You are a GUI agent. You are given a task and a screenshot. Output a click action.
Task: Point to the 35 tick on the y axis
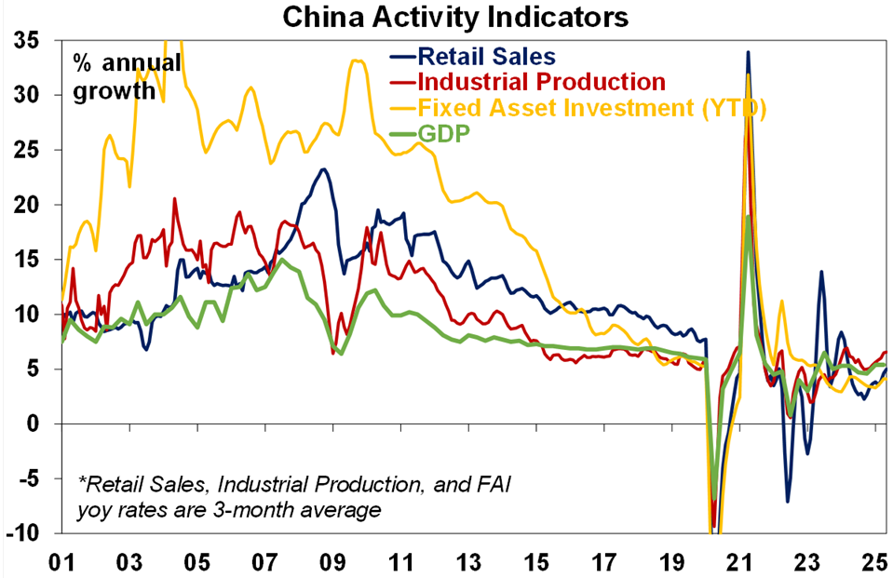pyautogui.click(x=26, y=41)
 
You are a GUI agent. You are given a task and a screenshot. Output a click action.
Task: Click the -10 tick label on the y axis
pyautogui.click(x=22, y=533)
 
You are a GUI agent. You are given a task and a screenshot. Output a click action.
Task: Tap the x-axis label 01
pyautogui.click(x=61, y=562)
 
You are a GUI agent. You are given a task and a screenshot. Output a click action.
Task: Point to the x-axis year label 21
pyautogui.click(x=739, y=562)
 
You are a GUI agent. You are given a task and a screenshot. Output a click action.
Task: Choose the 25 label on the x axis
pyautogui.click(x=873, y=562)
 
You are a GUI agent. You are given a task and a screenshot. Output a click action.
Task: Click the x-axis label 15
pyautogui.click(x=535, y=562)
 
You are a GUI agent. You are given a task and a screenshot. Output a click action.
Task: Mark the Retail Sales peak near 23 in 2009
pyautogui.click(x=322, y=169)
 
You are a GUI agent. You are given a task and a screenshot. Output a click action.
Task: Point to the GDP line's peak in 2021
pyautogui.click(x=748, y=217)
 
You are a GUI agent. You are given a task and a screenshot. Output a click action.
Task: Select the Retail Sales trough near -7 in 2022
pyautogui.click(x=787, y=501)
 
